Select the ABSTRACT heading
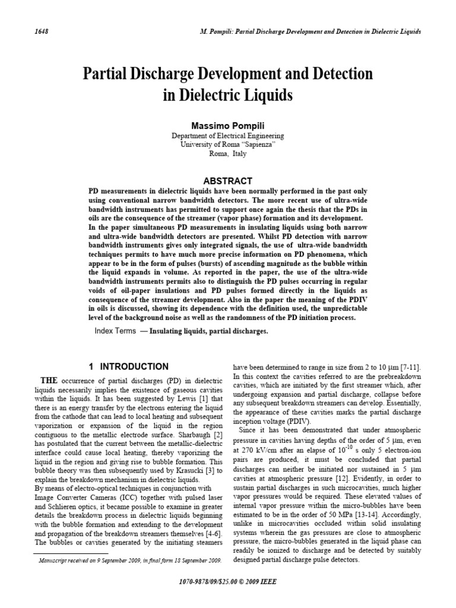click(x=228, y=180)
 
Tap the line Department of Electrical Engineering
click(x=228, y=136)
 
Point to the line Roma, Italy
click(x=228, y=153)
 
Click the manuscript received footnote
click(x=129, y=560)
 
